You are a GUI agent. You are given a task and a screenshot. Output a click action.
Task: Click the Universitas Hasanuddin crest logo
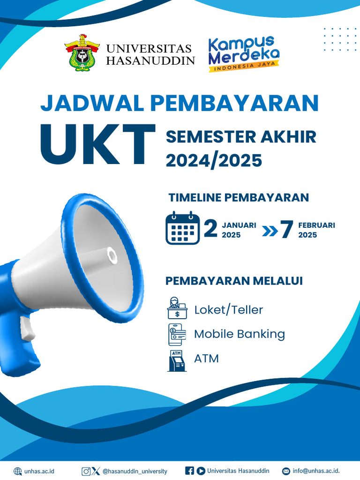[x=82, y=52]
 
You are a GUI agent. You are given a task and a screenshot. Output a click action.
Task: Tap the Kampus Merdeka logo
[x=244, y=54]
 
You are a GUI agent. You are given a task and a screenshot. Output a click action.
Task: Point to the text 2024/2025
[x=213, y=160]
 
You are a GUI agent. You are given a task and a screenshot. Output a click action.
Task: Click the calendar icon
[x=182, y=228]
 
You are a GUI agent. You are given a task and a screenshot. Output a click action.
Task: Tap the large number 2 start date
[x=211, y=229]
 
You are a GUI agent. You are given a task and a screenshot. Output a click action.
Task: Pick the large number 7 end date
[x=286, y=230]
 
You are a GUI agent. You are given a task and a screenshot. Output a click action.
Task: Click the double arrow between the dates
[x=269, y=231]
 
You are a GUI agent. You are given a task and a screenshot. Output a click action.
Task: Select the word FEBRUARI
[x=316, y=225]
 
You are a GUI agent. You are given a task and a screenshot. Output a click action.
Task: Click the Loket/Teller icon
[x=177, y=308]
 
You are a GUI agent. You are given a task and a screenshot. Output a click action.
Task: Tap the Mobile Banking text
[x=240, y=334]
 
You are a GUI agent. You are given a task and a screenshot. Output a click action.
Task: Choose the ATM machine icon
[x=177, y=360]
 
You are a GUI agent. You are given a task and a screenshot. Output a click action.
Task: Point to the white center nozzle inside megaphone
[x=112, y=255]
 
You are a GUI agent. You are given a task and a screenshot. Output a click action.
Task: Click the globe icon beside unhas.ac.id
[x=18, y=471]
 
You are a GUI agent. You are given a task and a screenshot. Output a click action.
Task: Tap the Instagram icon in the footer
[x=86, y=471]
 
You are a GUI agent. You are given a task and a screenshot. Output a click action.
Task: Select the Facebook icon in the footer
[x=190, y=471]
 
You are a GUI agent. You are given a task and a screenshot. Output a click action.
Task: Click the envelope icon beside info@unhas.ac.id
[x=286, y=471]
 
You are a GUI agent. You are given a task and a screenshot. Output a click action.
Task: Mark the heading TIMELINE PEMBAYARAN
[x=239, y=197]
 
